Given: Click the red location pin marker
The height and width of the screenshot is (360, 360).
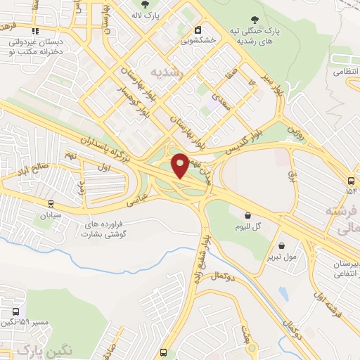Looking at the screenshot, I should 180,165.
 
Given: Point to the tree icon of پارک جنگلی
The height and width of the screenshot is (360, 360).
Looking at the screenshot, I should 255,20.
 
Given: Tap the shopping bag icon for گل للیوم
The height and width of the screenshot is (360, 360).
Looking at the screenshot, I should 247,215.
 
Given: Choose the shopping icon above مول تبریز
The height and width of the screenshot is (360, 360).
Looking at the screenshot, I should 282,246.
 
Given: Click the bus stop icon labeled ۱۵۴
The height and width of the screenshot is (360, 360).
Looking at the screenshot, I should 351,179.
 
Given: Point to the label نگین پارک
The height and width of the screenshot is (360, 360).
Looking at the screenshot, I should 35,349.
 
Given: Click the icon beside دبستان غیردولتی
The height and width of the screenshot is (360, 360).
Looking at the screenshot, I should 34,30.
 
